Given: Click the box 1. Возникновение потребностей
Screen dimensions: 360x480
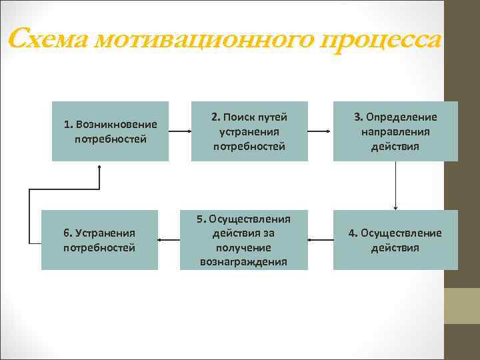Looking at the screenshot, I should click(110, 131).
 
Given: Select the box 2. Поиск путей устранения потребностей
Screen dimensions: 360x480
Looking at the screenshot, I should click(249, 131).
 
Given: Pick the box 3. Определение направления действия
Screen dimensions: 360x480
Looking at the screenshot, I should click(395, 131).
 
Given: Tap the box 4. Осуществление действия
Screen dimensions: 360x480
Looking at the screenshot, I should click(395, 240).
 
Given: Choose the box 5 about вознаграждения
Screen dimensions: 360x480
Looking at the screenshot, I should click(243, 240).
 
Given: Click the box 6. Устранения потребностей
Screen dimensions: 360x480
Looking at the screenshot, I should click(99, 240).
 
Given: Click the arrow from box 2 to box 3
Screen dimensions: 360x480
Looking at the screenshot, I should click(320, 131).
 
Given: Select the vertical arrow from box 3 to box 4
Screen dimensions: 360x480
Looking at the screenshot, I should click(395, 185).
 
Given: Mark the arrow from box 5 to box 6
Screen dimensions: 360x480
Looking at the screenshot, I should click(169, 239).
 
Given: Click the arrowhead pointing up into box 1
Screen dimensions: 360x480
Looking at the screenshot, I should click(99, 166).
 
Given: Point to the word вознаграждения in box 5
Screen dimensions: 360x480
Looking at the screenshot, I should click(243, 261).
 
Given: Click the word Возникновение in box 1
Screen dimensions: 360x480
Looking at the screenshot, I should click(117, 124).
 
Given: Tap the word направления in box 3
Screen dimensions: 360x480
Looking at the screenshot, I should click(395, 131).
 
